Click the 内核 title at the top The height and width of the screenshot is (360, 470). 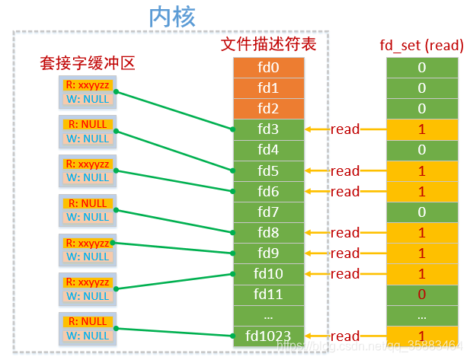coord(173,17)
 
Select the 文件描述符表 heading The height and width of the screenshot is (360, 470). coord(268,44)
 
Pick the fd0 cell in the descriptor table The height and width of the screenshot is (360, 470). coord(268,68)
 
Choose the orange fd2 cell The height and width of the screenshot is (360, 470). coord(268,108)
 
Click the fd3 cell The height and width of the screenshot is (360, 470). coord(268,129)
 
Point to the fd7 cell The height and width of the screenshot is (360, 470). coord(268,212)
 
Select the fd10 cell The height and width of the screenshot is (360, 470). coord(268,273)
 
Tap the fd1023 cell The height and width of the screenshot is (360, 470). coord(268,335)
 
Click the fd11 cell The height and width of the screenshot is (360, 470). coord(268,294)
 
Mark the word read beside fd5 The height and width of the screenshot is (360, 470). coord(345,171)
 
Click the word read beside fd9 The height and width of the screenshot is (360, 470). coord(345,253)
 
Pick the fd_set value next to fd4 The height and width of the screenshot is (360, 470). coord(421,150)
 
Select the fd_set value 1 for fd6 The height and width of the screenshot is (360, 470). coord(421,192)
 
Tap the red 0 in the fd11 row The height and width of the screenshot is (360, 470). coord(421,294)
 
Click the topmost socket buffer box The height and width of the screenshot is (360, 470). coord(88,92)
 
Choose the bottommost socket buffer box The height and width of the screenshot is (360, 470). coord(88,328)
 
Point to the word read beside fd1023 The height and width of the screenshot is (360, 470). coord(345,336)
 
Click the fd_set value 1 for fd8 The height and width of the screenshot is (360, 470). coord(421,233)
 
